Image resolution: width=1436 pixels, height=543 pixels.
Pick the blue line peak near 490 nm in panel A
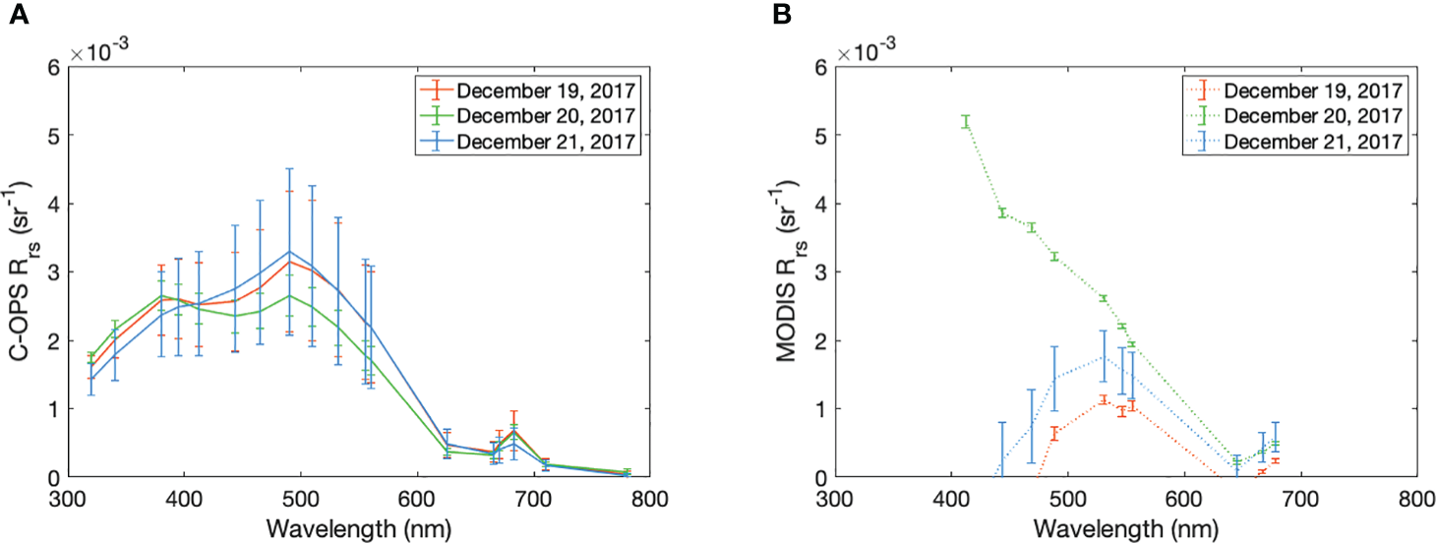click(289, 252)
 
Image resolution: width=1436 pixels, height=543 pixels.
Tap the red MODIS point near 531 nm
click(1104, 399)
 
